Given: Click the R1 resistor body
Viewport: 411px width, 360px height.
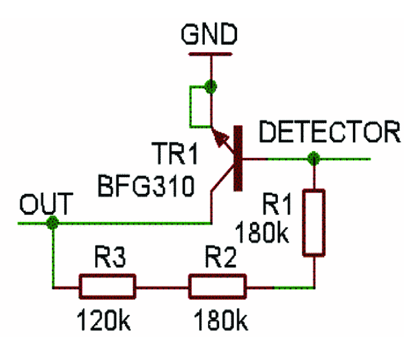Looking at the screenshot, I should click(x=314, y=222).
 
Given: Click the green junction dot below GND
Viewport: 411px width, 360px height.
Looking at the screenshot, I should click(x=211, y=86).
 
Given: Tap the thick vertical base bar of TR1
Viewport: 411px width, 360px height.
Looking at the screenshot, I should click(x=236, y=159).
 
